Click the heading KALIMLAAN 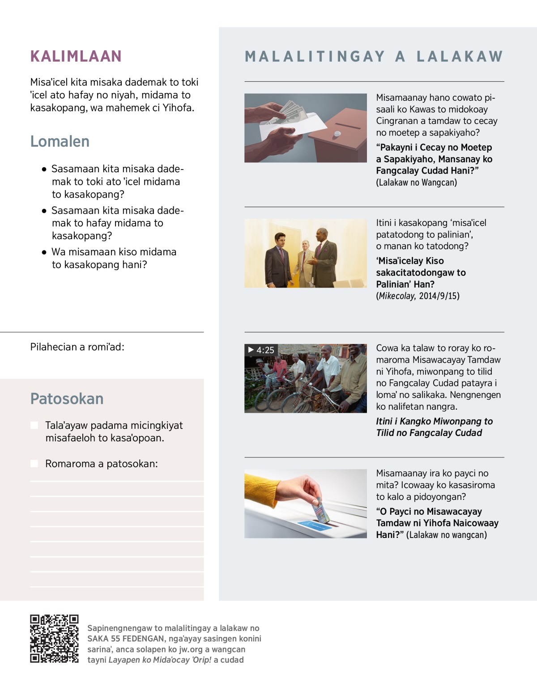76,56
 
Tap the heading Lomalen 60,141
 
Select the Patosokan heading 67,398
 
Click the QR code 54,639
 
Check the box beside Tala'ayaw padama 34,425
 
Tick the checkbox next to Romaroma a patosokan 34,464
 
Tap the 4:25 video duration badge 261,350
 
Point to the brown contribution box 340,136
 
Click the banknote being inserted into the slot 321,510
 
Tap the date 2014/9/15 439,296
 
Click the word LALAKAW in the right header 460,56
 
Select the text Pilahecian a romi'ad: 77,347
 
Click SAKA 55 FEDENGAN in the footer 126,639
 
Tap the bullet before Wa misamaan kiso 44,252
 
